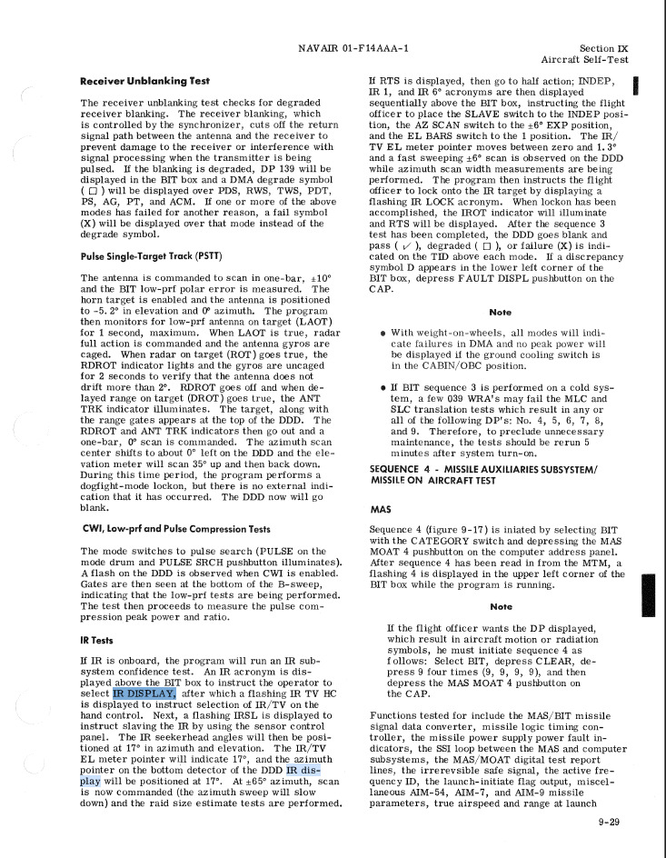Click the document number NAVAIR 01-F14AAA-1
tap(353, 48)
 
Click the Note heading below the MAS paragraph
tap(500, 606)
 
